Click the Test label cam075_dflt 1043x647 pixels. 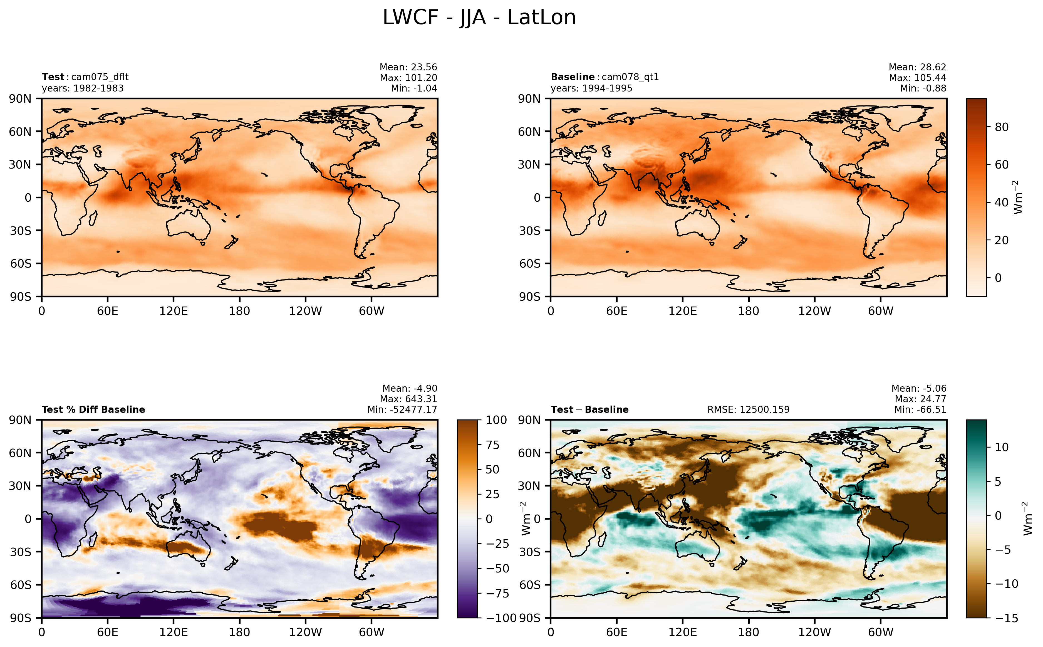tap(99, 77)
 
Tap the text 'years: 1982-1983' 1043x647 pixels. tap(83, 88)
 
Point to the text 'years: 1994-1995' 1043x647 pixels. tap(591, 88)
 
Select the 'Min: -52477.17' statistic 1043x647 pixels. tap(402, 409)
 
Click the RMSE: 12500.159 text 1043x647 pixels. tap(748, 409)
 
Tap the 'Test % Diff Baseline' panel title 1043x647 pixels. tap(93, 409)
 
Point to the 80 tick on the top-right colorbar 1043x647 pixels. tap(1002, 127)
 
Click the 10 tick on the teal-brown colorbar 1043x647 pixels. tap(1002, 447)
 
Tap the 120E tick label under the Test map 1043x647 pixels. tap(173, 311)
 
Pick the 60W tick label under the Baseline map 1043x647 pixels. tap(881, 311)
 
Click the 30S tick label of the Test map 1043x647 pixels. tap(21, 231)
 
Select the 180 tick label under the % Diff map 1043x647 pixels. tap(239, 632)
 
